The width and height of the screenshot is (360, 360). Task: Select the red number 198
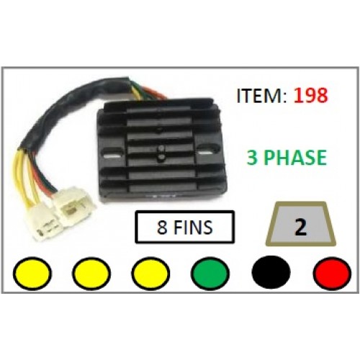coord(310,95)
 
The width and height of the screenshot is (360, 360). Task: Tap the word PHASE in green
coord(297,158)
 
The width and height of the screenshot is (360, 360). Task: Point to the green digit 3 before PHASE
coord(253,158)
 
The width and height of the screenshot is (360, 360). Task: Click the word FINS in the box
coord(193,227)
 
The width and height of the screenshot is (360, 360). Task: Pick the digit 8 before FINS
coord(162,227)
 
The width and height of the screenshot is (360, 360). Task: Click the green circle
coord(210,274)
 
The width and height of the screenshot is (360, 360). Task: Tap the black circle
coord(271,274)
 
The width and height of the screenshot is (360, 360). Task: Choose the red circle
coord(332,274)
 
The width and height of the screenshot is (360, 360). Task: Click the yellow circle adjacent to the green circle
coord(150,274)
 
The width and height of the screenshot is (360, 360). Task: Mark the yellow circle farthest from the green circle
coord(32,274)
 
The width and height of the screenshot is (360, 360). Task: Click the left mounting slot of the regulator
coord(112,153)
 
